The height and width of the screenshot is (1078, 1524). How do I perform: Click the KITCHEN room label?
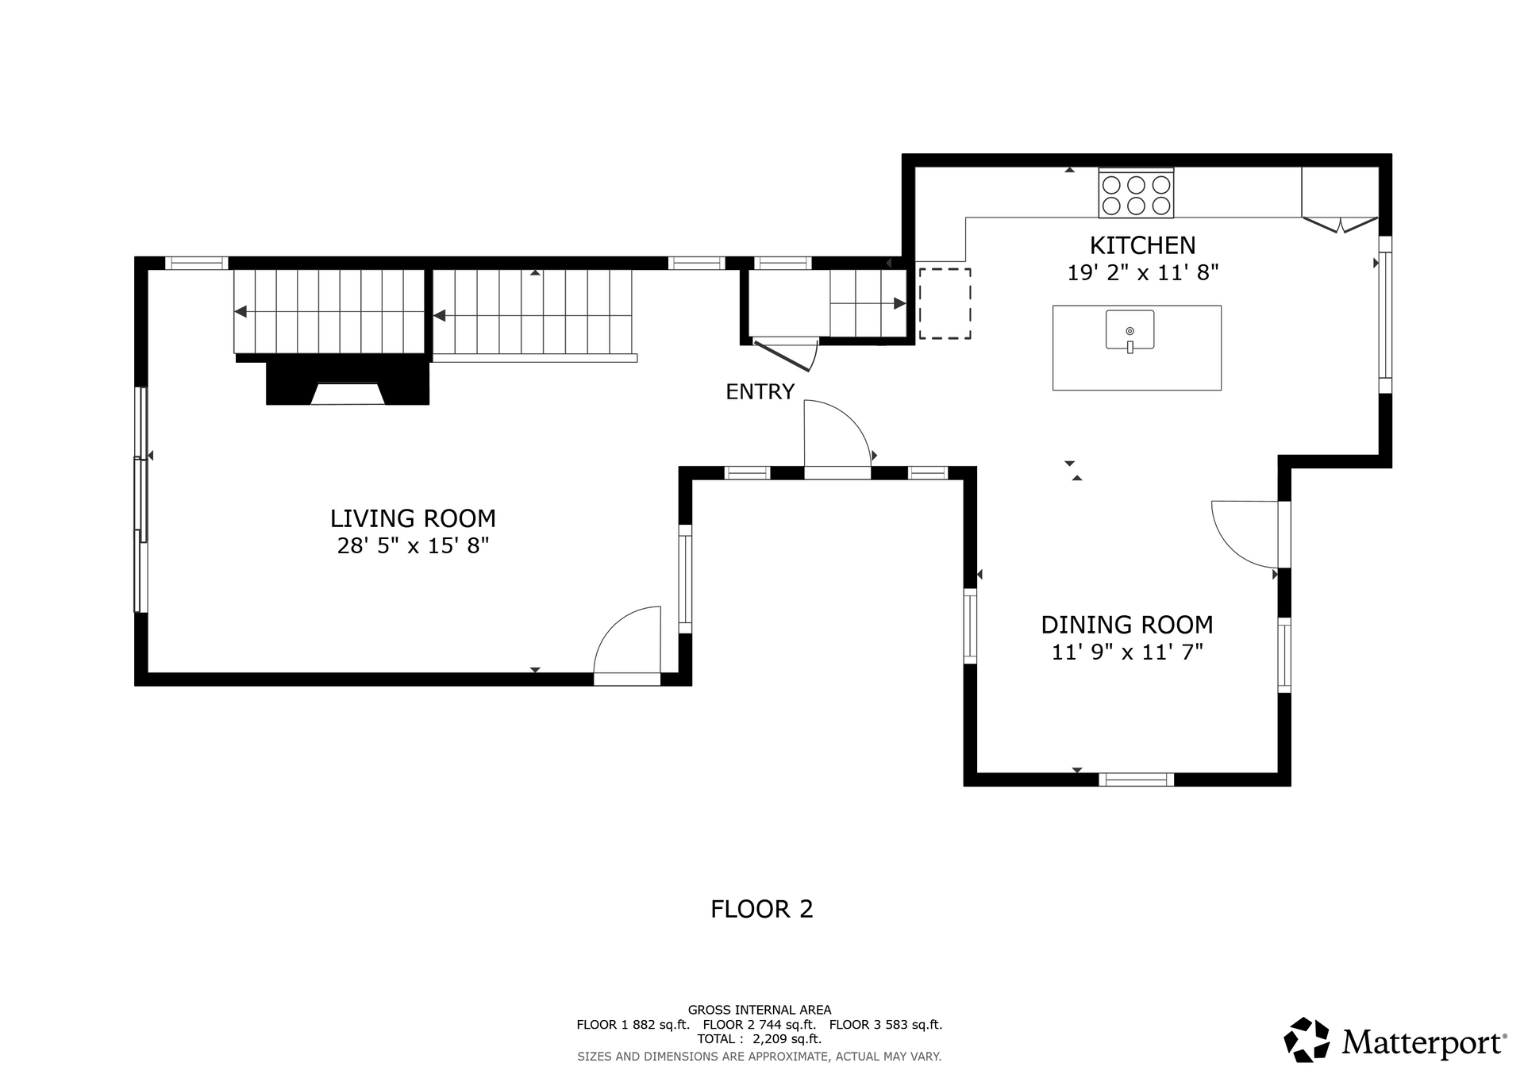pyautogui.click(x=1142, y=245)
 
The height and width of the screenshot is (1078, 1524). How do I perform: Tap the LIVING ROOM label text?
pyautogui.click(x=413, y=518)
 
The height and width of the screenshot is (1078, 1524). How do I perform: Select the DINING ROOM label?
pyautogui.click(x=1127, y=625)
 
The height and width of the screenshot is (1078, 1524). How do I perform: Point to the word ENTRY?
pyautogui.click(x=760, y=391)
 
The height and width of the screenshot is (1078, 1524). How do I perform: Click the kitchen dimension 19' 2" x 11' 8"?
pyautogui.click(x=1142, y=272)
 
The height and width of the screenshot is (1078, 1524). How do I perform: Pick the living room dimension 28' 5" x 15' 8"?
pyautogui.click(x=413, y=545)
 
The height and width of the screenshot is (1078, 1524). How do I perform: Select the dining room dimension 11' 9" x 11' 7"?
pyautogui.click(x=1127, y=652)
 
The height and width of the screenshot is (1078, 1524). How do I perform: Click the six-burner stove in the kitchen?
pyautogui.click(x=1136, y=194)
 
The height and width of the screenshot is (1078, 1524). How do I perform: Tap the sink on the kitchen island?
pyautogui.click(x=1130, y=330)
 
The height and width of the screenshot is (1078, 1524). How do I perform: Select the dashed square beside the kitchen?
pyautogui.click(x=945, y=303)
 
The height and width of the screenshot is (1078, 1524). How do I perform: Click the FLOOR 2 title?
pyautogui.click(x=762, y=909)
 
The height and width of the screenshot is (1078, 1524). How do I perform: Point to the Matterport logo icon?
pyautogui.click(x=1307, y=1039)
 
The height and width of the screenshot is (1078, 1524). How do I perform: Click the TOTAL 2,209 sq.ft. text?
pyautogui.click(x=760, y=1039)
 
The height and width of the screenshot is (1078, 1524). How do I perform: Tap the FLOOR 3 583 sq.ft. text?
pyautogui.click(x=886, y=1025)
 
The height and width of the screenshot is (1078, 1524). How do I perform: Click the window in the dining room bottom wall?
pyautogui.click(x=1136, y=780)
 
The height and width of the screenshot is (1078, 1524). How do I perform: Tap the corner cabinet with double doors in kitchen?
pyautogui.click(x=1339, y=198)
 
